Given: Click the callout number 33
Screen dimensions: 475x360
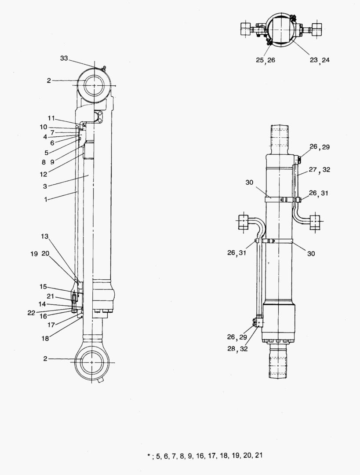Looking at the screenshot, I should click(64, 58).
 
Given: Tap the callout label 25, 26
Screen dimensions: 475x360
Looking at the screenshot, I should click(265, 60).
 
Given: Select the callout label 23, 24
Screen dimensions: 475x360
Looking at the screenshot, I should click(319, 60).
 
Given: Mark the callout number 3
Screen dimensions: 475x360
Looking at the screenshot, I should click(45, 186).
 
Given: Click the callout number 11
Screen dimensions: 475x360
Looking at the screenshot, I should click(51, 118).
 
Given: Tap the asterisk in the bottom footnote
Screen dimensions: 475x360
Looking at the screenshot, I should click(149, 456).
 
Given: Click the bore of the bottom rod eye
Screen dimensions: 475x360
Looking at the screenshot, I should click(91, 362).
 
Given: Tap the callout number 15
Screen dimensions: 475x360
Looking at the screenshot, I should click(43, 286).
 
